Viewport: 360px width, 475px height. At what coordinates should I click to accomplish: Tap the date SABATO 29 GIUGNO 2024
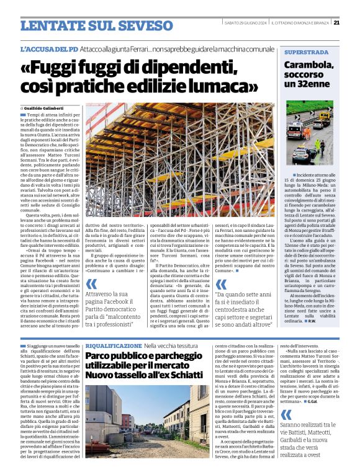pos(246,23)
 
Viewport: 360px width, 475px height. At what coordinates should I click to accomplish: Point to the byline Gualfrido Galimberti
pos(48,108)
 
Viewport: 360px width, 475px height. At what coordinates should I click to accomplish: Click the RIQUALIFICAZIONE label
pos(114,345)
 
